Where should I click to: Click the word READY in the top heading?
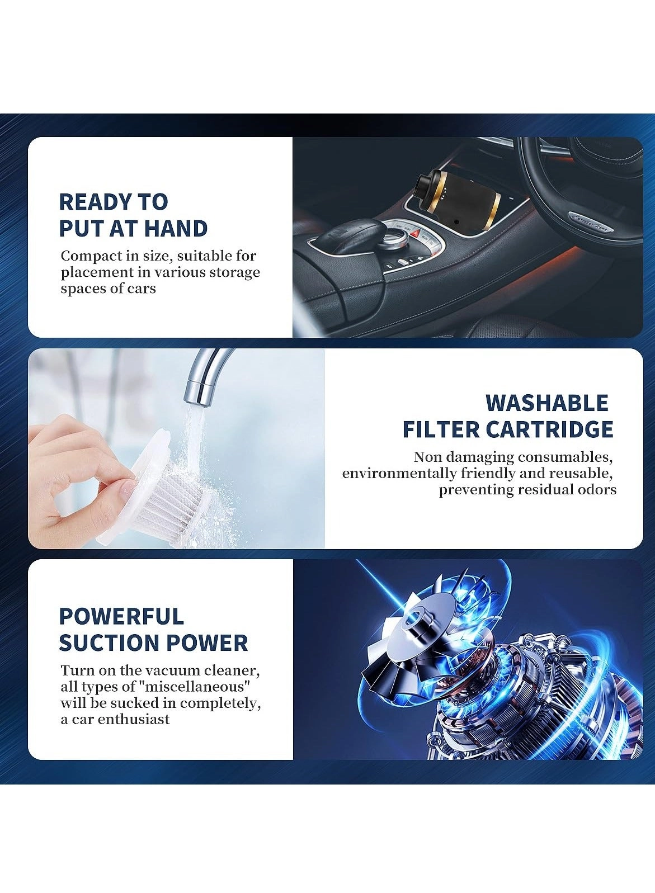89,202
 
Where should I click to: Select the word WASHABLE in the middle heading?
546,403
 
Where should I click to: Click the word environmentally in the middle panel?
399,474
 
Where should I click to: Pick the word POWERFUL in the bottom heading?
121,616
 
